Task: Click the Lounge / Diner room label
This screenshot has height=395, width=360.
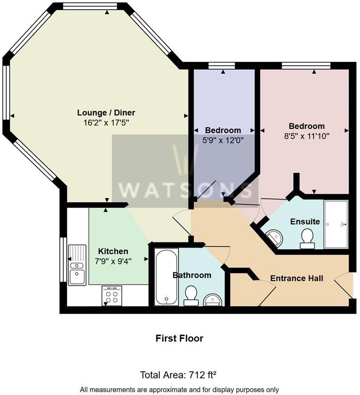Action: (x=106, y=113)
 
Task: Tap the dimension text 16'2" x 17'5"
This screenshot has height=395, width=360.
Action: (x=106, y=123)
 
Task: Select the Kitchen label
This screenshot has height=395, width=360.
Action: (x=113, y=251)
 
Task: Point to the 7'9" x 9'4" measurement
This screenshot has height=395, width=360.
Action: (x=113, y=261)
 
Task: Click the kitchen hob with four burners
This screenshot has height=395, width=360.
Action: (x=112, y=296)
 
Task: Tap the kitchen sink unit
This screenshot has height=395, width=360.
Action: (x=77, y=265)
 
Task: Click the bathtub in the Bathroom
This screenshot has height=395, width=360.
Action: (x=166, y=277)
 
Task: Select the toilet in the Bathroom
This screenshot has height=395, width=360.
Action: (x=190, y=296)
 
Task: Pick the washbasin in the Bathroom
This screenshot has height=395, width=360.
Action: (x=213, y=300)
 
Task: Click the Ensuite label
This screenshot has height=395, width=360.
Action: (x=305, y=221)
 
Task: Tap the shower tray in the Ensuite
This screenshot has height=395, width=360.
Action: (x=336, y=224)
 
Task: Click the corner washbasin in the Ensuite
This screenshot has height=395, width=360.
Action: (x=275, y=238)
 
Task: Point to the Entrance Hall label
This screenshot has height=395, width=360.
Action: (x=297, y=278)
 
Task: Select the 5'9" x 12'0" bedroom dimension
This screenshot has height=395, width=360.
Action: (x=223, y=140)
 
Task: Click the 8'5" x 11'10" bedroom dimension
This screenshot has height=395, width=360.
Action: (x=307, y=137)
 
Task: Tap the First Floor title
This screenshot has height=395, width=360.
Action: (x=179, y=338)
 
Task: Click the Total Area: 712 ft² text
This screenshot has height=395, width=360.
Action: (x=178, y=375)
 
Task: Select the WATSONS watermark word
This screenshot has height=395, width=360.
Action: (x=185, y=190)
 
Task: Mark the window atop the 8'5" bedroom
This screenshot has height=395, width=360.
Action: (x=306, y=66)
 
